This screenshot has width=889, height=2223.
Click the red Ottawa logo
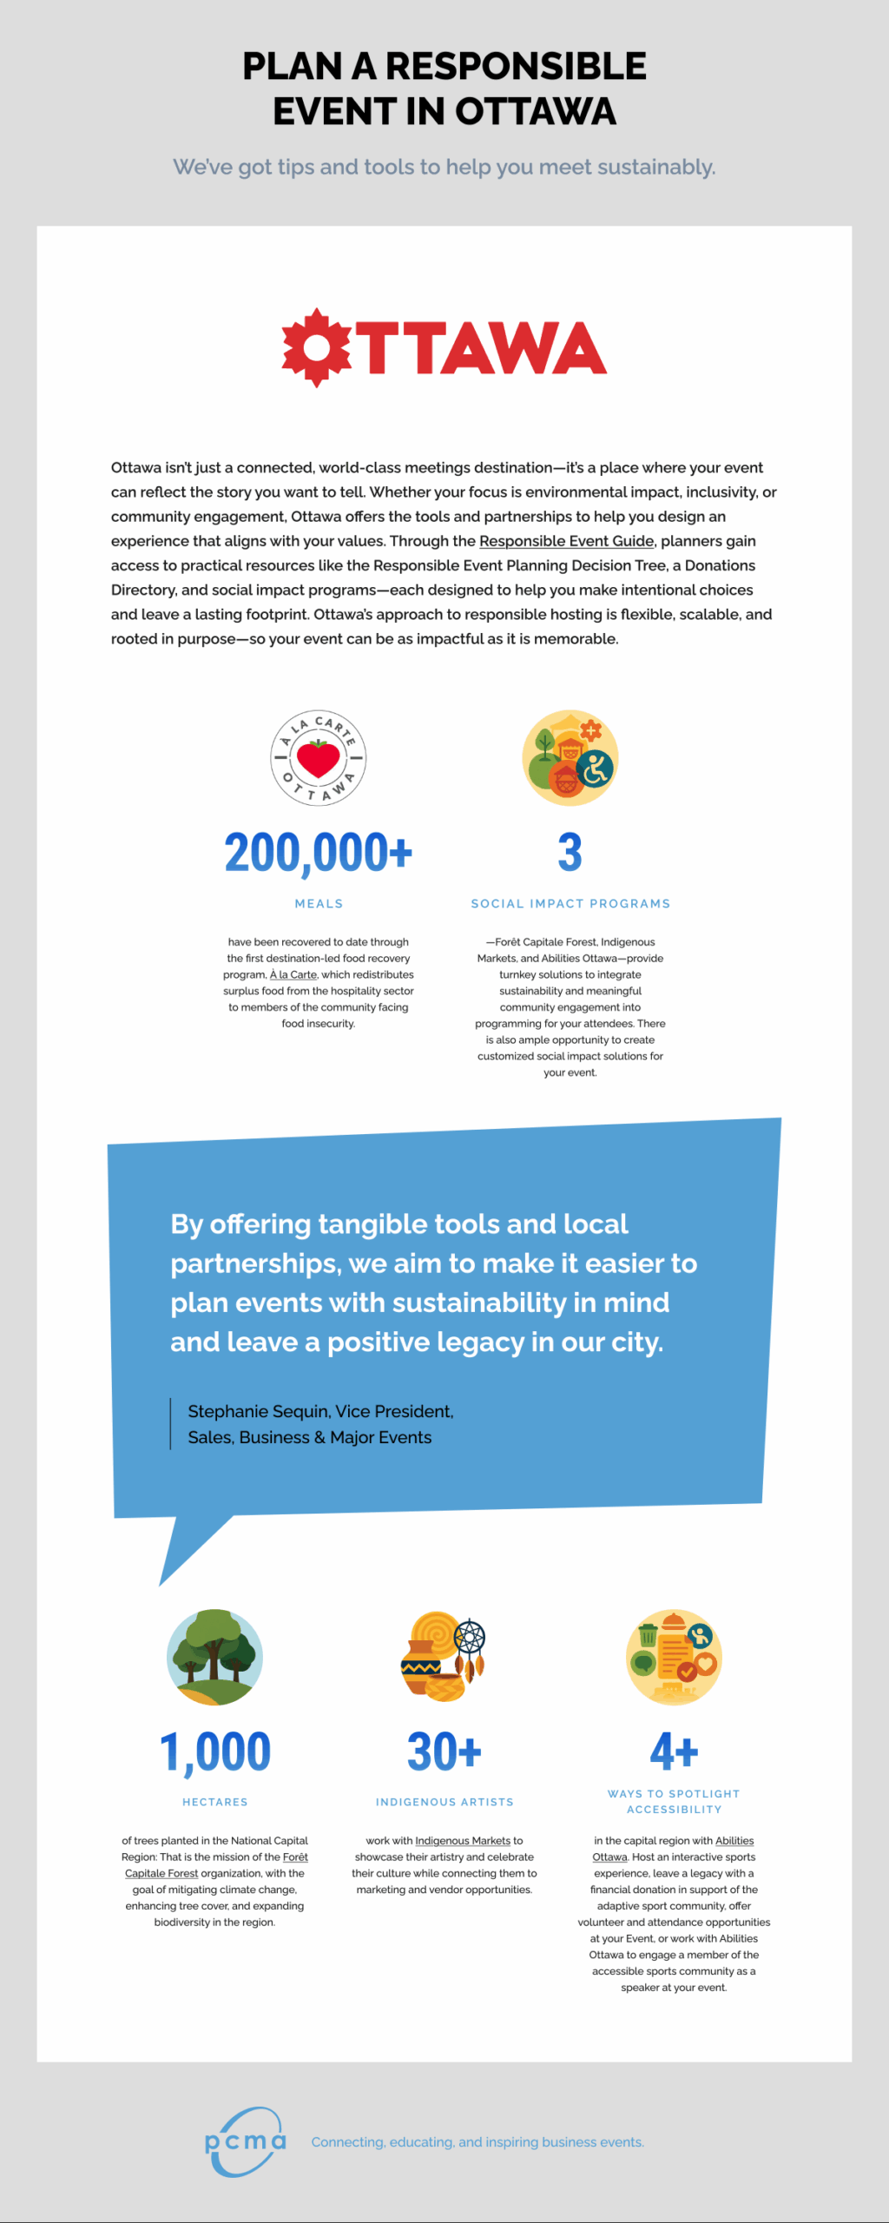point(444,347)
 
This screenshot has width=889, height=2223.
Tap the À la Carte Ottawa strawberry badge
point(318,758)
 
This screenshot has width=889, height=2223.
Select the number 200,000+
point(318,853)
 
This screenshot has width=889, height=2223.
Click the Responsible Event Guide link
point(566,541)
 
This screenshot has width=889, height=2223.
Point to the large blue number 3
point(570,853)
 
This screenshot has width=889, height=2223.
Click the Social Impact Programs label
point(570,904)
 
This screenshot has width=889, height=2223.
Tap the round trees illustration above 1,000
point(214,1657)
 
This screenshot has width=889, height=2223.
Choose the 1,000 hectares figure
point(214,1751)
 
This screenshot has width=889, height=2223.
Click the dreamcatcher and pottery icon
point(444,1657)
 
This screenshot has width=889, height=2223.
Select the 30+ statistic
point(444,1751)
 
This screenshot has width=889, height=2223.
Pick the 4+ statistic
point(674,1751)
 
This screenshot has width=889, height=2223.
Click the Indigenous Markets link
point(463,1841)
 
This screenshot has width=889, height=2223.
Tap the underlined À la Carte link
point(293,975)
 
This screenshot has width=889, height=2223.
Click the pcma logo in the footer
point(245,2141)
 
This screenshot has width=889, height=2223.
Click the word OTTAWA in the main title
point(536,112)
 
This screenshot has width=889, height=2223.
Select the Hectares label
point(214,1803)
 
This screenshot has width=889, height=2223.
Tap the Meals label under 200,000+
point(319,904)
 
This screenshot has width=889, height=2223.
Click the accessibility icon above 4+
point(674,1657)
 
